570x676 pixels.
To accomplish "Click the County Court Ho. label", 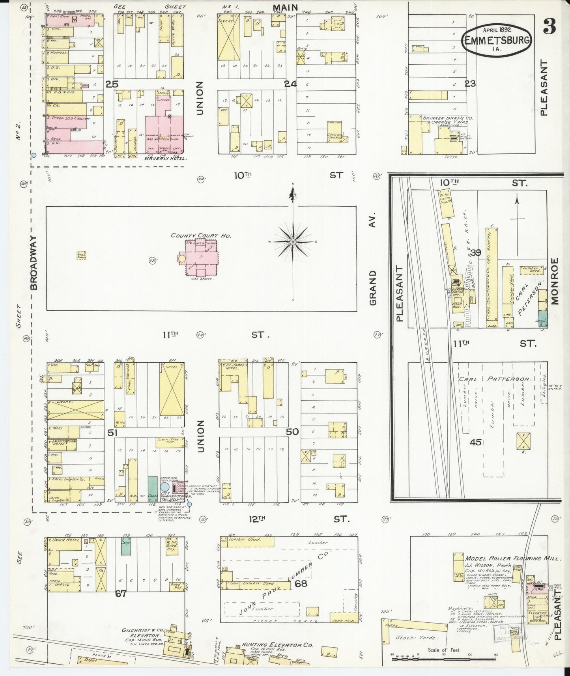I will [x=200, y=236].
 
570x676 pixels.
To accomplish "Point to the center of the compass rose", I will [x=293, y=241].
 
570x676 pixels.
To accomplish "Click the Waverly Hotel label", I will [x=159, y=159].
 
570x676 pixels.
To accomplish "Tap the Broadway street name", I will [x=34, y=263].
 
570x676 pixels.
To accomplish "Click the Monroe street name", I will [x=555, y=281].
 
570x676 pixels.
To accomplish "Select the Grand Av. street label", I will [x=373, y=260].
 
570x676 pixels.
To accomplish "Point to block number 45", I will [x=475, y=442].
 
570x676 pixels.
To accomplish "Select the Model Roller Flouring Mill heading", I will [x=513, y=558].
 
